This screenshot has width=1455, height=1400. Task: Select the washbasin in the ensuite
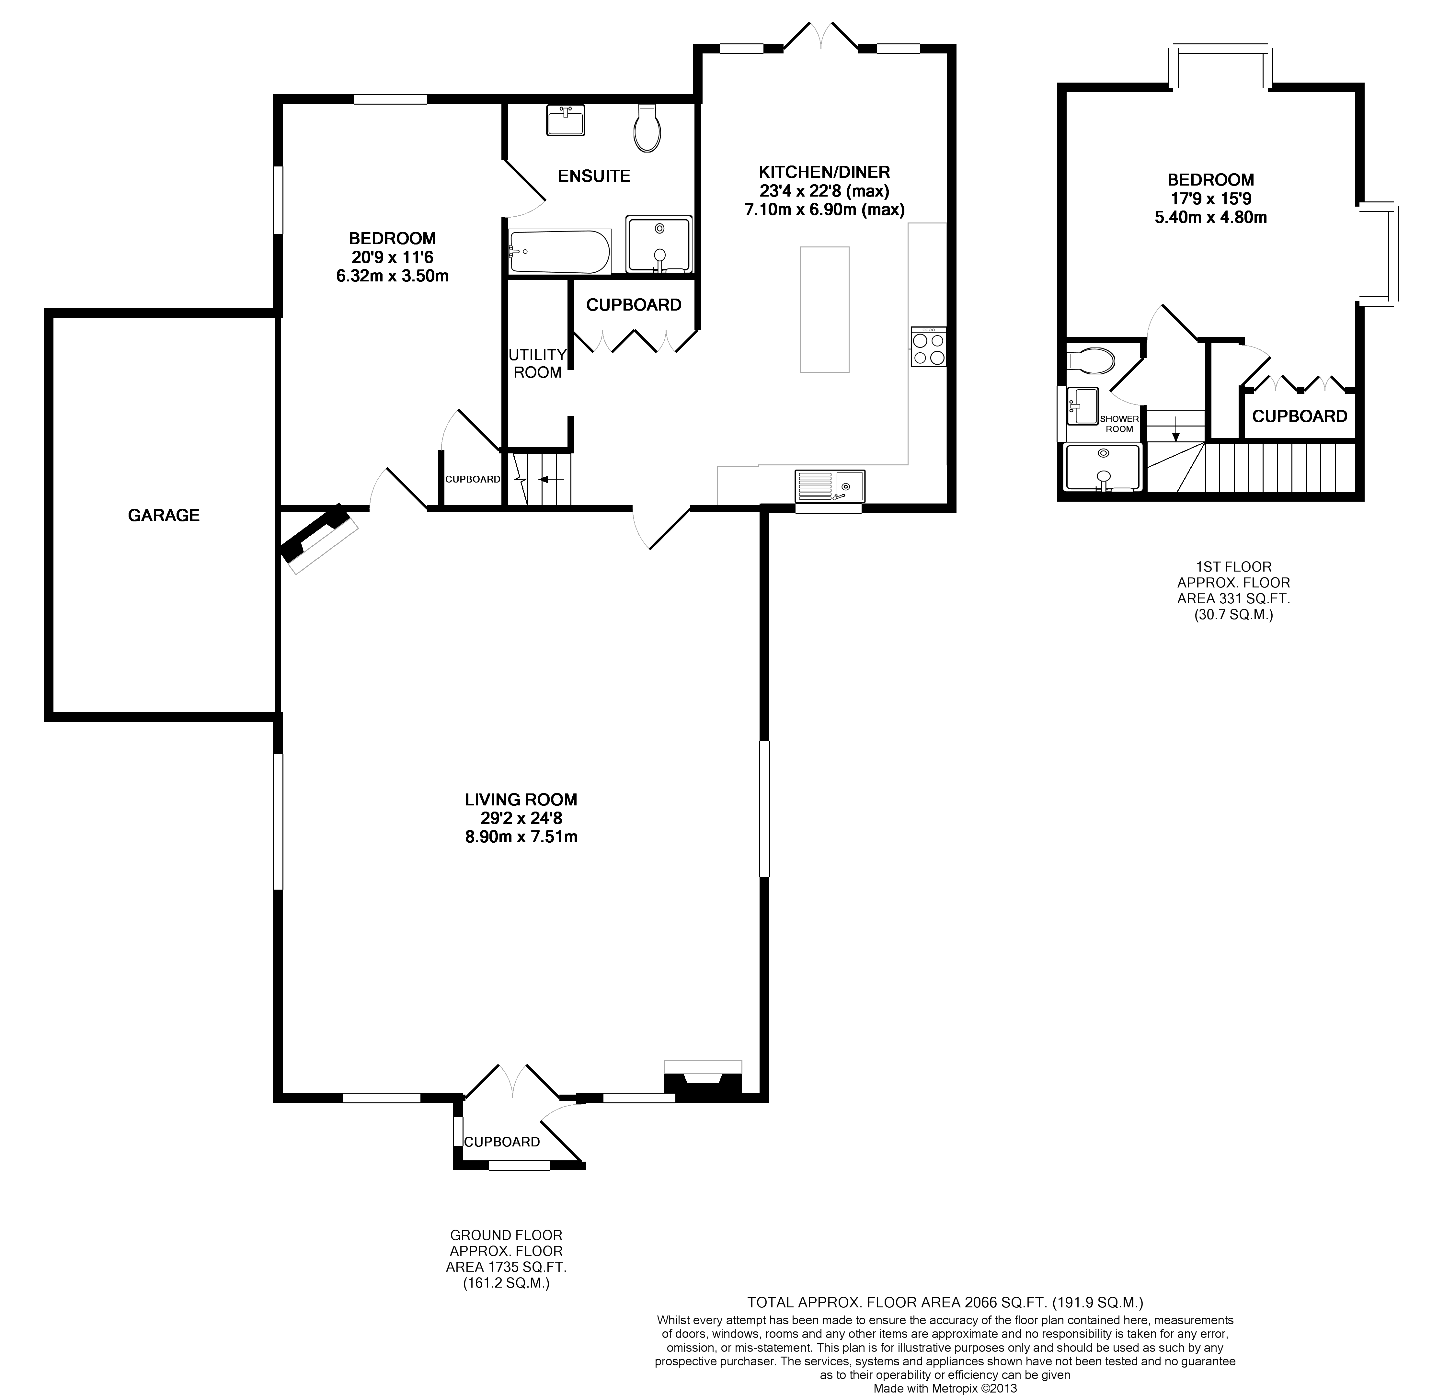[566, 120]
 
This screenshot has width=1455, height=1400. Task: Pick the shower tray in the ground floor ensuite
[659, 244]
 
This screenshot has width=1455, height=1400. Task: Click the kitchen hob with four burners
[928, 347]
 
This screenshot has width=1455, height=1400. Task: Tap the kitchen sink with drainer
[829, 486]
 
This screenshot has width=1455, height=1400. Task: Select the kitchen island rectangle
[824, 310]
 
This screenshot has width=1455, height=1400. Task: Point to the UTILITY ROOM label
[537, 364]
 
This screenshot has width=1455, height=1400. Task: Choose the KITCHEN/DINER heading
[824, 172]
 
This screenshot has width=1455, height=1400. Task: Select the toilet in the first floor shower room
[1091, 361]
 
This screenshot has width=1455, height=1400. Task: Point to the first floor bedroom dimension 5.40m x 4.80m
[1210, 218]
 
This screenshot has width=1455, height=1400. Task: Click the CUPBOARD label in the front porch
[502, 1142]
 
